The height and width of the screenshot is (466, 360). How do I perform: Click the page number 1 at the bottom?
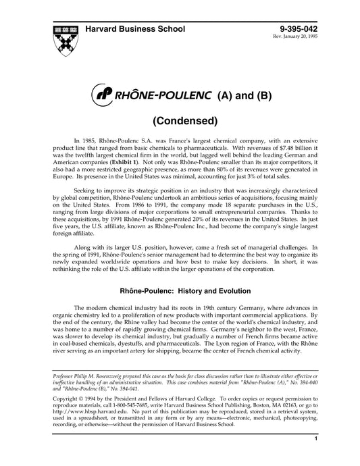(316, 458)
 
